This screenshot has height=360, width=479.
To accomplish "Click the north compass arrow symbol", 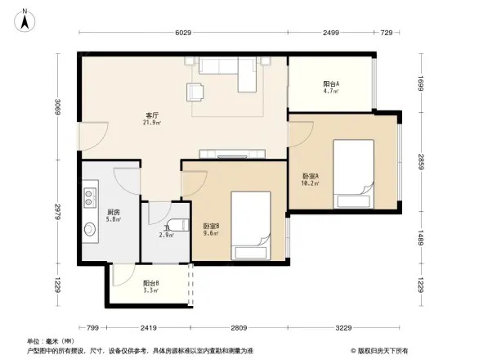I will click(27, 18).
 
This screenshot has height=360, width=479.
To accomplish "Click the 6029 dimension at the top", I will click(182, 33).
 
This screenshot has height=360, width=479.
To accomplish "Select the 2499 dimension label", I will click(329, 33).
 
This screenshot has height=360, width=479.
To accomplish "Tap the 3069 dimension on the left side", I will click(58, 106).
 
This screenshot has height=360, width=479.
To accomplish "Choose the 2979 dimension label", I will click(58, 211).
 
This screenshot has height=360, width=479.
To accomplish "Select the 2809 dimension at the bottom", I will click(238, 328).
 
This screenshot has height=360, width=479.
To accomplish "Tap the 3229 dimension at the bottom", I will click(344, 328).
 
